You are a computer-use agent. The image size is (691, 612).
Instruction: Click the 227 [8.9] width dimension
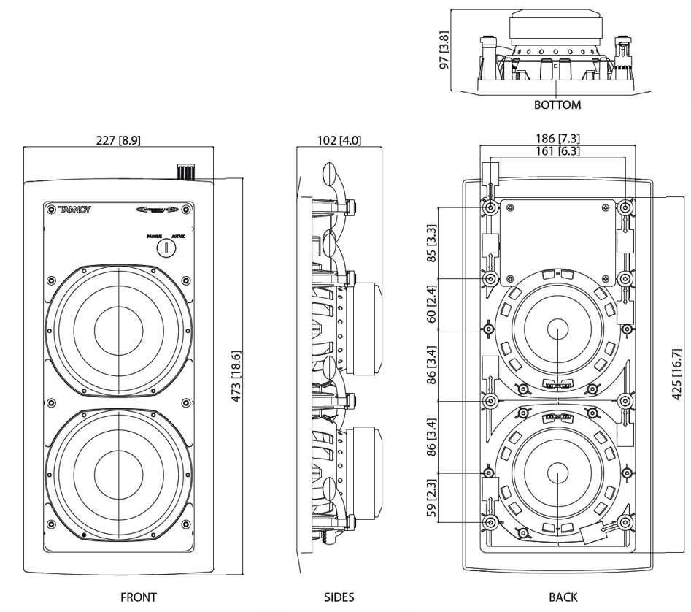pos(117,141)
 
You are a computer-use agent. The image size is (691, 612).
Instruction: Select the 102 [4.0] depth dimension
pos(340,141)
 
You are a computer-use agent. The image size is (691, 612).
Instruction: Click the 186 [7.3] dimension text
pos(557,139)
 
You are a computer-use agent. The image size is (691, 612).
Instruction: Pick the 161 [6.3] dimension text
pos(557,150)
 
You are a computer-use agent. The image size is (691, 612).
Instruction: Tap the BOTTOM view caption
pos(557,104)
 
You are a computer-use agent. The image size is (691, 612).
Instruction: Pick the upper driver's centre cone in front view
pos(118,322)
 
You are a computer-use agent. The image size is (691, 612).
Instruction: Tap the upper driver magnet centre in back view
pos(557,328)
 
